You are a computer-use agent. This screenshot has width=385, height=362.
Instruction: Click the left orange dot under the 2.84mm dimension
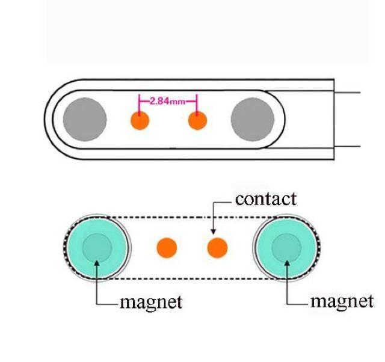coord(140,121)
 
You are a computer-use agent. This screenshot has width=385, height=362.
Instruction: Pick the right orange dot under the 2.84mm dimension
coord(197,121)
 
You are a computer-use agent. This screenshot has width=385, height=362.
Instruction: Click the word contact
coord(265,199)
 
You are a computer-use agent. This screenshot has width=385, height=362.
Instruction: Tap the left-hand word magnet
coord(151,301)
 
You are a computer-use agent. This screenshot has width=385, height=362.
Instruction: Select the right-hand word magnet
coord(341,301)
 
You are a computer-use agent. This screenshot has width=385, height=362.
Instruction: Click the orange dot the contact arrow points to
coord(217,247)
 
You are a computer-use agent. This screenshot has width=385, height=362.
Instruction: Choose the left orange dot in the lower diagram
coord(167,247)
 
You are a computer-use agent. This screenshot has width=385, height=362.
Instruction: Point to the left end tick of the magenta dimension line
coord(140,100)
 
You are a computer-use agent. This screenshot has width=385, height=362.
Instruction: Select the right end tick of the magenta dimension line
coord(197,100)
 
